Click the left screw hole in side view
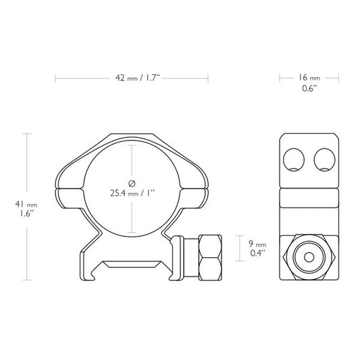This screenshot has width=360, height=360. pyautogui.click(x=296, y=160)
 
